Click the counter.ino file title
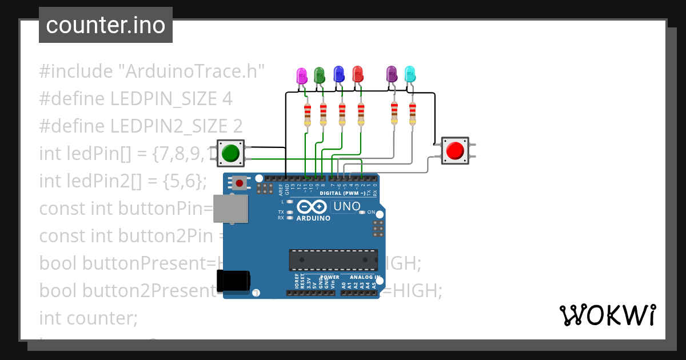[105, 25]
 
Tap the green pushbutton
[230, 153]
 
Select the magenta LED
[302, 75]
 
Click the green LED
[320, 74]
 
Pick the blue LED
[338, 73]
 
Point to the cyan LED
[410, 74]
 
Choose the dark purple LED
[392, 74]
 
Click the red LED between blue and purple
[358, 74]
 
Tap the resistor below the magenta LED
[308, 114]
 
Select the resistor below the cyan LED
[412, 113]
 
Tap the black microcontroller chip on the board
[333, 259]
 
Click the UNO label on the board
[346, 206]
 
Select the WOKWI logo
[607, 315]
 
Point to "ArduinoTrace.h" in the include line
[191, 71]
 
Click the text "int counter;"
[89, 317]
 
